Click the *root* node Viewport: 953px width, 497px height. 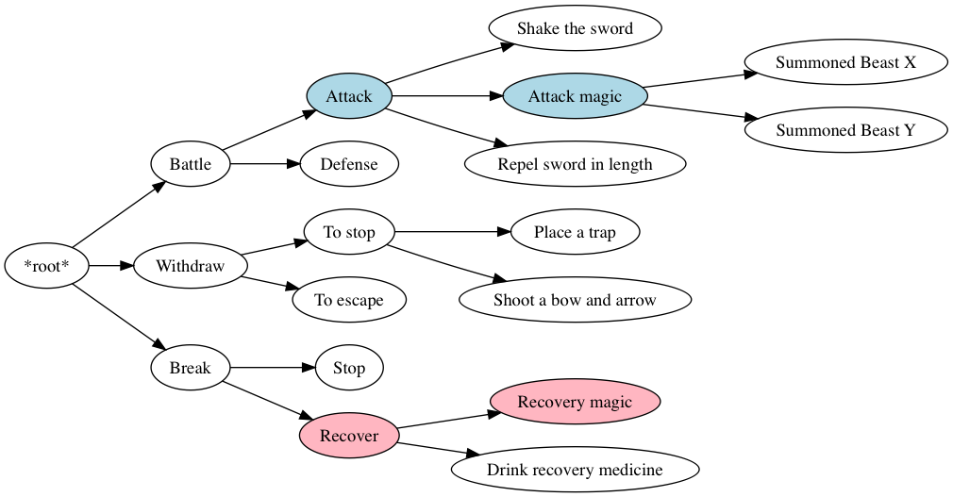[x=46, y=266]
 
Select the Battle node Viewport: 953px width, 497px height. [x=191, y=164]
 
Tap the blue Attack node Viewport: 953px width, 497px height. [x=349, y=96]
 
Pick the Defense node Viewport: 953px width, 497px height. [x=349, y=164]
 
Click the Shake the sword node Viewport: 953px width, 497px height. [x=575, y=28]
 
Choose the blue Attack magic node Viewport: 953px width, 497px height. [x=575, y=96]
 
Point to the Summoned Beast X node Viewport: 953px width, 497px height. [x=845, y=62]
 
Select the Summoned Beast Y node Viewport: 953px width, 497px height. [x=845, y=130]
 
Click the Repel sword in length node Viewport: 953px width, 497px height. [x=575, y=164]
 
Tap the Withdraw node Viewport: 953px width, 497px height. [x=191, y=266]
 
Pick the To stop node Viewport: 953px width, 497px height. [x=349, y=232]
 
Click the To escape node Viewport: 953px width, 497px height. [x=349, y=300]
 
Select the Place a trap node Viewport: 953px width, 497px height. [x=575, y=232]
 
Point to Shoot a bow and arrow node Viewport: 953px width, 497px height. [x=575, y=300]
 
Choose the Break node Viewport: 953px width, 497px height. [x=191, y=368]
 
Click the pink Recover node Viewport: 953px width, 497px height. [x=349, y=436]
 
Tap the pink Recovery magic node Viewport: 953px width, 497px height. [x=575, y=402]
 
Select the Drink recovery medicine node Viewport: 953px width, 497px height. [x=575, y=470]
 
